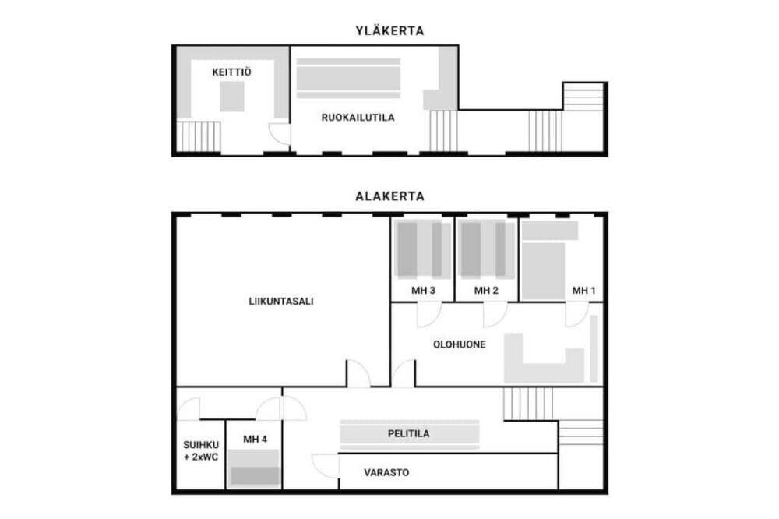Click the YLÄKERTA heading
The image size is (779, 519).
(x=389, y=31)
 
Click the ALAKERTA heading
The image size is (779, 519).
(x=389, y=196)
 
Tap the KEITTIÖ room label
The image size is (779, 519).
(x=231, y=72)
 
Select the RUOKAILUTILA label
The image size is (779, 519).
(x=358, y=118)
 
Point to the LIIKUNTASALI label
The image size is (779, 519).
(x=281, y=302)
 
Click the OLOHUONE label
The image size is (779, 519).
(x=459, y=344)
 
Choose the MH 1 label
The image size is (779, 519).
(x=583, y=291)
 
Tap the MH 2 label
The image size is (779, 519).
(x=486, y=291)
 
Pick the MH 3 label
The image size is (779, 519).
(x=423, y=291)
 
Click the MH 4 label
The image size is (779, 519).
(x=255, y=439)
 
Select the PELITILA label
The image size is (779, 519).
(x=408, y=433)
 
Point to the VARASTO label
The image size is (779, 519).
(x=386, y=472)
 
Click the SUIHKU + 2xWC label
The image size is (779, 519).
(x=201, y=451)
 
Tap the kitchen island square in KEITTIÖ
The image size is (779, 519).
(x=232, y=97)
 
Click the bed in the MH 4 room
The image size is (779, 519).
(x=255, y=468)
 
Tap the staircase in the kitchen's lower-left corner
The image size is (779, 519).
(x=198, y=136)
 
